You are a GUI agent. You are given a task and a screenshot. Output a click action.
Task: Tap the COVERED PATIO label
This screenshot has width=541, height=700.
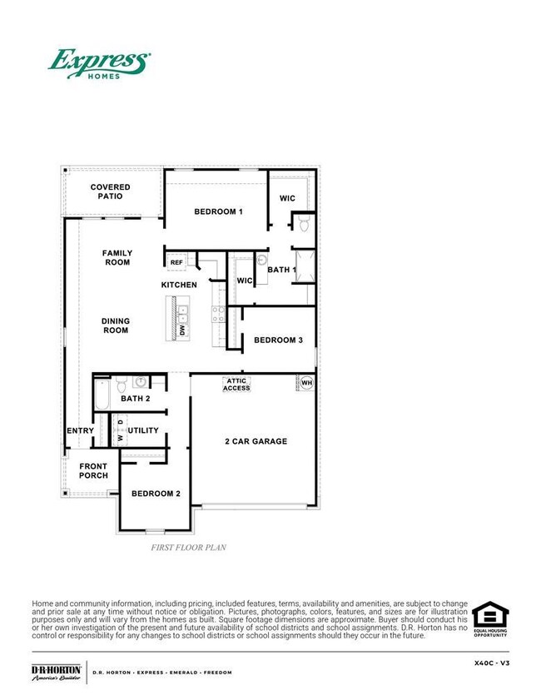pos(111,191)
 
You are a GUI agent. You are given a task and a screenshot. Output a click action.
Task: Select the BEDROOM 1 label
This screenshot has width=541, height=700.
pos(218,211)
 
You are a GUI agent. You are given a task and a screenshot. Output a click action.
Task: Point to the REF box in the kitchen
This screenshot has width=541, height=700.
pos(176,262)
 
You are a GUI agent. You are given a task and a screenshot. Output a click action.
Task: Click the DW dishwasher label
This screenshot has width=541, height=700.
pos(182,330)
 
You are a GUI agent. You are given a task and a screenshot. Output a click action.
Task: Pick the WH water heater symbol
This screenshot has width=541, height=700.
pos(305,383)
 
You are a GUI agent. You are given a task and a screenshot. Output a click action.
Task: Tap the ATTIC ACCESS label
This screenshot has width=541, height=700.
pos(236,384)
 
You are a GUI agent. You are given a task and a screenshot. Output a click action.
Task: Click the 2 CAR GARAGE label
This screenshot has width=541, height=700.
pos(256,441)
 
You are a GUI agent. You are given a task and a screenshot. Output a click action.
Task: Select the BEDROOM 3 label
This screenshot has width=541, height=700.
pos(278,340)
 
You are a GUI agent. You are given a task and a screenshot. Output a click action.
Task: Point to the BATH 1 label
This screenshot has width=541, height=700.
pos(281,270)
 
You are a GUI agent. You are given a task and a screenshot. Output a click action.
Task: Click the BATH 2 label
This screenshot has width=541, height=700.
pos(135,400)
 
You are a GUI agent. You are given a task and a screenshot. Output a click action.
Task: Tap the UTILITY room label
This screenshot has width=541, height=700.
pos(143,431)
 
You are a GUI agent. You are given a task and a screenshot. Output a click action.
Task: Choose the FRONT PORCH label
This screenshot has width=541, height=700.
pos(93,471)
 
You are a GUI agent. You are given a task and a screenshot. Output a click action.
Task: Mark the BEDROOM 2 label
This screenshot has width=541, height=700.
pos(156,494)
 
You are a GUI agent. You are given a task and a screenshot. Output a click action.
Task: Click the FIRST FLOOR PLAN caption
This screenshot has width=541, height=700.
pos(188,548)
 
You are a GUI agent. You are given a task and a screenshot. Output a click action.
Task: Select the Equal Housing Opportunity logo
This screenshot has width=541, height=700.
pos(490,619)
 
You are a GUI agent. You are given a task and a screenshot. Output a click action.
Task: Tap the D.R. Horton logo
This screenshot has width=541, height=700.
pos(56,672)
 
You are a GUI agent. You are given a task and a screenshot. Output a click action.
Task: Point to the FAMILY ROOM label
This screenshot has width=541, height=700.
pos(117,257)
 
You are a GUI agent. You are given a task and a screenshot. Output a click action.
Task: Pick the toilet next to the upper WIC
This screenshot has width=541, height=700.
pos(303,224)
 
